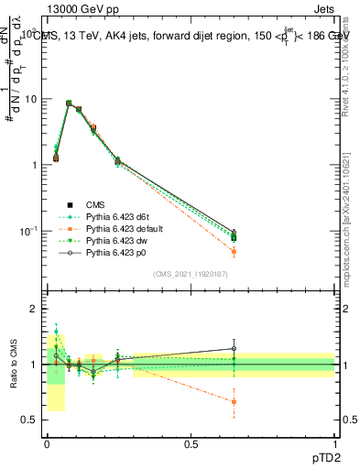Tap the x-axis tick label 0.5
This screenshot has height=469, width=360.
pos(191,444)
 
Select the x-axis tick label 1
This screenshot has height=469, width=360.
pos(335,444)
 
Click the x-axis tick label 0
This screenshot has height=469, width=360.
pos(47,444)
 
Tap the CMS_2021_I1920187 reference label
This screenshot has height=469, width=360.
pos(191,273)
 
